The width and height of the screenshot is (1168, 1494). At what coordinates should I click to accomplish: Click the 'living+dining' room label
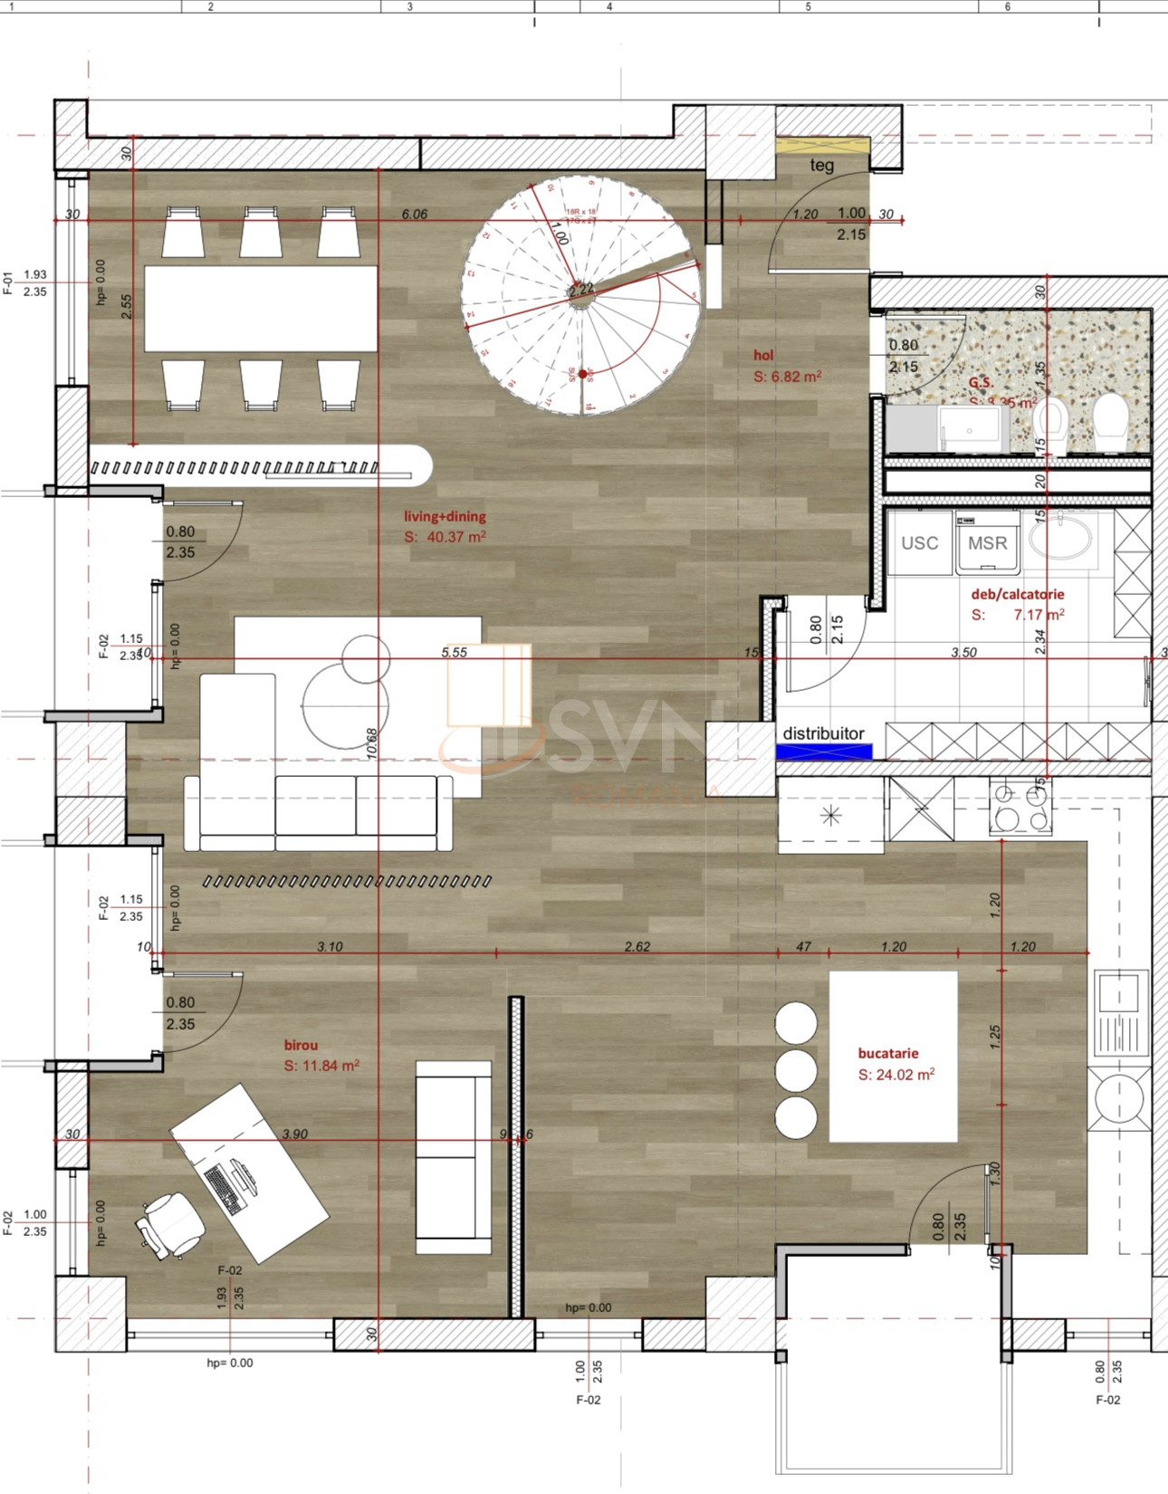[445, 516]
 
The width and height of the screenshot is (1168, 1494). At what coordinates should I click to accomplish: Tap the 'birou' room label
[301, 1045]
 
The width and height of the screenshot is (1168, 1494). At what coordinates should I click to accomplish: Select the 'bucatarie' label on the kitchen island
[887, 1053]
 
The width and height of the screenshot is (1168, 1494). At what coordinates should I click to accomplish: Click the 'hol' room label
[763, 355]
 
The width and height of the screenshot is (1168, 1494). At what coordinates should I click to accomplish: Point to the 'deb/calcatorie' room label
[1017, 594]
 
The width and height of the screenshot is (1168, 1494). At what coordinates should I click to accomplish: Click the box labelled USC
[919, 542]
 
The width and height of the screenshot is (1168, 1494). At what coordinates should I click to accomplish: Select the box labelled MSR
[987, 542]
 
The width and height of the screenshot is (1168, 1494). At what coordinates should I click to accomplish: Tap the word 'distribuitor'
[823, 733]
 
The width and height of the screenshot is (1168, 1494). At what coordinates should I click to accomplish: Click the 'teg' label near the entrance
[821, 165]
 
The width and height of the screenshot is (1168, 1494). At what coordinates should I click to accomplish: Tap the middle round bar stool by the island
[796, 1069]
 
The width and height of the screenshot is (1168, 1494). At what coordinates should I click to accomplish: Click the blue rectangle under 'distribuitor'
[824, 752]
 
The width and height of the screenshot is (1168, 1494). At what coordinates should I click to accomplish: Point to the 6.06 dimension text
[414, 214]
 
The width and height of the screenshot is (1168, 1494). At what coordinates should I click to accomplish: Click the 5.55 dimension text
[454, 652]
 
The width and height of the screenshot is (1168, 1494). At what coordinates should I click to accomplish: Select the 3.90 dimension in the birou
[294, 1134]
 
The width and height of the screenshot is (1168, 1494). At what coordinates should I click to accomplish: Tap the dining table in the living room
[261, 308]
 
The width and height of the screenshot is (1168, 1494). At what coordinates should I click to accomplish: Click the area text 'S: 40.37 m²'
[445, 537]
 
